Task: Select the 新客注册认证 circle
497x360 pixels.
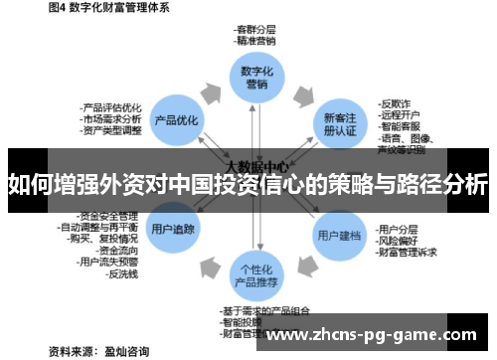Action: click(x=338, y=123)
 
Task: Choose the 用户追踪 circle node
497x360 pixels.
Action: click(x=173, y=229)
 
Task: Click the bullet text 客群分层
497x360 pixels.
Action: click(x=255, y=31)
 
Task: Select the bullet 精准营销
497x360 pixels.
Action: click(x=255, y=43)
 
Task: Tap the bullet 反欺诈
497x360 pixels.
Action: click(x=396, y=101)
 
